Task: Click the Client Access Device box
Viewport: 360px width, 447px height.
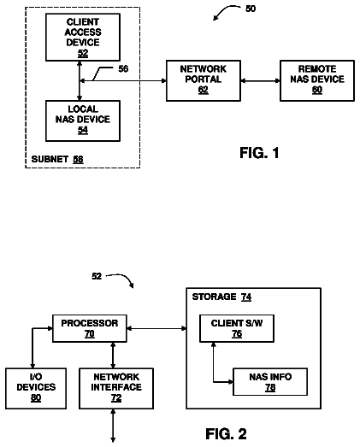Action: pos(83,38)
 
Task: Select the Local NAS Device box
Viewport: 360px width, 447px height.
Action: pos(83,121)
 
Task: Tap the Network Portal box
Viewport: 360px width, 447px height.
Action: pos(204,80)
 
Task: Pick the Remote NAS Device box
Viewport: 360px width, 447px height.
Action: pos(317,80)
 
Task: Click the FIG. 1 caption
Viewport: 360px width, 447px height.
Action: pos(259,153)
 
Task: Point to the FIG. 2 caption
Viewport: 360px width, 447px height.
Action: pos(226,434)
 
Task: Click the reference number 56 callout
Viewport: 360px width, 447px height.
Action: pos(123,68)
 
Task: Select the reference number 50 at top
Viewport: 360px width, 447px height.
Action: pos(251,9)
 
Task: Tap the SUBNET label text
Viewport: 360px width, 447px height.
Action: pos(45,159)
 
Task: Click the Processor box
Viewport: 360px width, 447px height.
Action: pos(90,328)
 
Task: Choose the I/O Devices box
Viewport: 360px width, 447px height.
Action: pos(36,389)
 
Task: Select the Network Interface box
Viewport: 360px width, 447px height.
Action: pos(116,389)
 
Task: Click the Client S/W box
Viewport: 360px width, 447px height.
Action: pos(237,328)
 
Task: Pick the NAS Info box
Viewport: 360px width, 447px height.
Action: pos(270,382)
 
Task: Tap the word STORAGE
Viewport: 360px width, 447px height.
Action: pos(214,297)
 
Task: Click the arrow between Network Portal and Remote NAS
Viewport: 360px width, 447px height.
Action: pos(261,80)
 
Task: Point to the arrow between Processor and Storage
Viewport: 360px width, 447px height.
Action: pos(156,328)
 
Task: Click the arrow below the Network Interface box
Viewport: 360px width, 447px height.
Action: pos(113,426)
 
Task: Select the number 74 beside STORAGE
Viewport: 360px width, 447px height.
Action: pos(246,297)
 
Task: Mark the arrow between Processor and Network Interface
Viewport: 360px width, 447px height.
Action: pos(113,356)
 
